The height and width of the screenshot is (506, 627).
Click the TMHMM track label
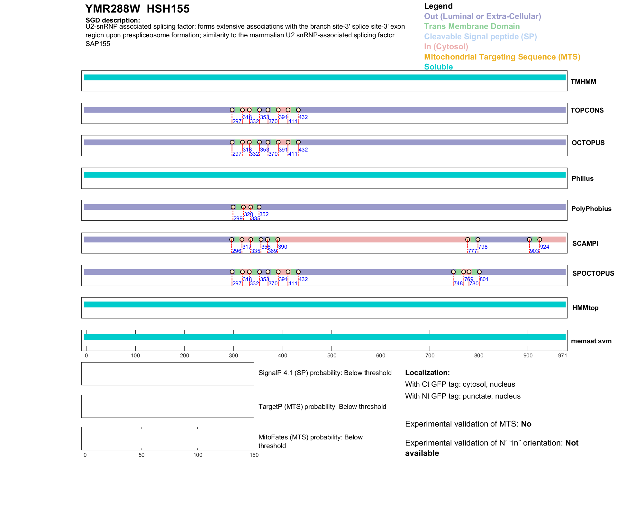pos(583,82)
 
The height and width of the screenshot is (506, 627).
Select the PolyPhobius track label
pos(591,209)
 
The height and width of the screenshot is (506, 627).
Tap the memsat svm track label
pos(591,341)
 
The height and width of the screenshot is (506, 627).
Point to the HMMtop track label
pos(585,308)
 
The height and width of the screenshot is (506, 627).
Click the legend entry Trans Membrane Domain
pos(472,26)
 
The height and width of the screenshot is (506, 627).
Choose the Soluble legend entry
pos(438,67)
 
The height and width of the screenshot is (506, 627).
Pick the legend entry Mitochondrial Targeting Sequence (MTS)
pos(502,57)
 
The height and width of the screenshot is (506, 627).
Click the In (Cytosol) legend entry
pos(446,47)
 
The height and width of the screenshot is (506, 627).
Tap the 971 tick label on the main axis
pos(562,355)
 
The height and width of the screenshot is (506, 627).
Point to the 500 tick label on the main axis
pos(332,355)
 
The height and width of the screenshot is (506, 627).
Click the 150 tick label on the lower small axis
pos(254,455)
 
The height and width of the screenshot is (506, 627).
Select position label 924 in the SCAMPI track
pos(544,247)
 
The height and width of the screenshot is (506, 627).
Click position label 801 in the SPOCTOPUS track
pos(484,279)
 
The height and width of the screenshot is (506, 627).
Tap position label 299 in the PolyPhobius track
pos(238,218)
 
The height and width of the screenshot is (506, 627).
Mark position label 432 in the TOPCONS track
pos(303,117)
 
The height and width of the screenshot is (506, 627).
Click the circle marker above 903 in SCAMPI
pos(529,240)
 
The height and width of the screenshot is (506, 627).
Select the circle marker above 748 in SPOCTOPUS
pos(453,272)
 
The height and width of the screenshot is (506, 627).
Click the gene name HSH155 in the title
pos(168,9)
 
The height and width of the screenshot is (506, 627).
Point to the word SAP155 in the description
pos(98,44)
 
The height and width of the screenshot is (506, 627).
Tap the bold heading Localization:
pos(427,373)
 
